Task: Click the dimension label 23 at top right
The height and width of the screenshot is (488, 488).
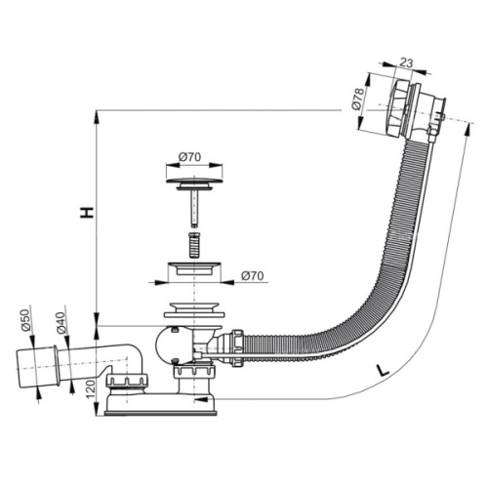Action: point(406,62)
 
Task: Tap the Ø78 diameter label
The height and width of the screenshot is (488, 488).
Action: point(358,99)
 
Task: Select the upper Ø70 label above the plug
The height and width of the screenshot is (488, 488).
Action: point(189,157)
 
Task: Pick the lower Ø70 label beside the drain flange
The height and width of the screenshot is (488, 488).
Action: point(253,276)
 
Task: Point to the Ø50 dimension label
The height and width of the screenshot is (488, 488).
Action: point(25,320)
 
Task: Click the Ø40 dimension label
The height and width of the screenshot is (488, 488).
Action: point(61,323)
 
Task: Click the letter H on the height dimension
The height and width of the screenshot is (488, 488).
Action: point(87,212)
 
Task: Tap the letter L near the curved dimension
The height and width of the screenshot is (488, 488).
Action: point(383,371)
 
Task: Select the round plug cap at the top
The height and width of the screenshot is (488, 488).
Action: point(194,181)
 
